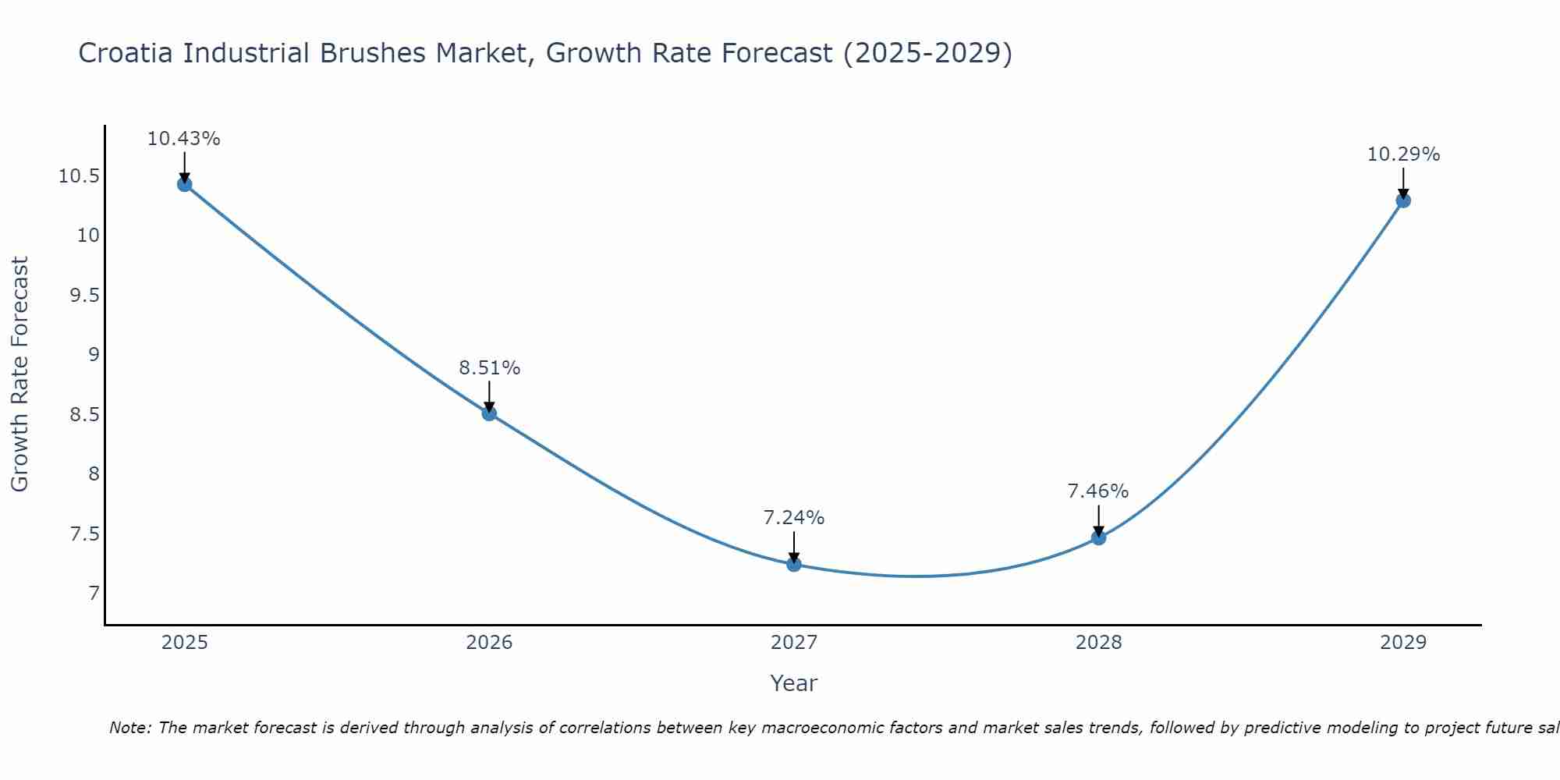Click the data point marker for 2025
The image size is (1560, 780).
(185, 184)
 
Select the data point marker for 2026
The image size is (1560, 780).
(489, 413)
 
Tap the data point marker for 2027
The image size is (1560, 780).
(794, 564)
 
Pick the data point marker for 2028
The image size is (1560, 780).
(1098, 537)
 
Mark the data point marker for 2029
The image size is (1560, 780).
(1402, 200)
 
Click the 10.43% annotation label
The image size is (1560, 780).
(184, 139)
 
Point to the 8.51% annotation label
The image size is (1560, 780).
(489, 368)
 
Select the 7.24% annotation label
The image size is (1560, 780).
(794, 518)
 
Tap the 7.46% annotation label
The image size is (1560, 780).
(1098, 491)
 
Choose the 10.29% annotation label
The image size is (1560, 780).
(1403, 154)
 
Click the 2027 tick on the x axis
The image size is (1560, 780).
(794, 643)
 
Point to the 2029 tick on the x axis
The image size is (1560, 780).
(1402, 643)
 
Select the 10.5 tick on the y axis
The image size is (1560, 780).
(79, 176)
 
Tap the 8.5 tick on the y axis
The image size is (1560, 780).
(84, 415)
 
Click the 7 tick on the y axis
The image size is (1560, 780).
(94, 594)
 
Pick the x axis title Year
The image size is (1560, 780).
(794, 683)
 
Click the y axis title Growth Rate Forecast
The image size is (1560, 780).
(20, 374)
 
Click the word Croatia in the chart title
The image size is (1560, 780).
(126, 54)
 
